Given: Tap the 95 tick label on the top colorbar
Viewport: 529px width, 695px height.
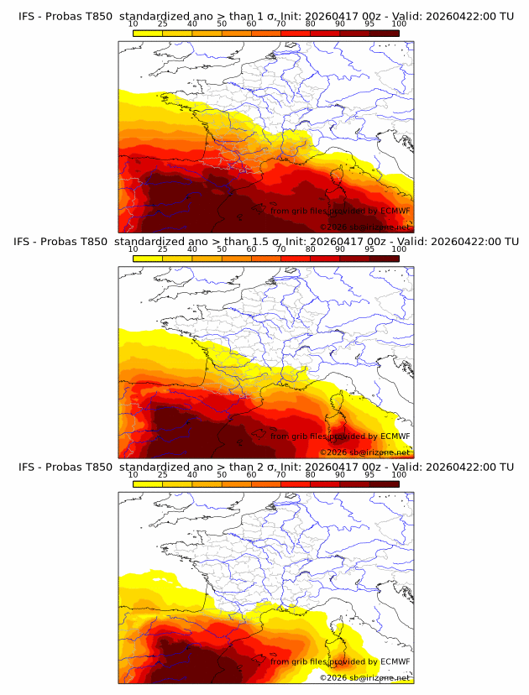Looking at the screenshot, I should [370, 24].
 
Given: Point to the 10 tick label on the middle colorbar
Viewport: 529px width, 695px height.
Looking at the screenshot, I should [133, 249].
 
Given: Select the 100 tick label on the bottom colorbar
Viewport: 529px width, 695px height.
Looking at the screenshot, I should [399, 474].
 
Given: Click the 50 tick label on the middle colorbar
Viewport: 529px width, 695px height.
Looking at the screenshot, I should [222, 249].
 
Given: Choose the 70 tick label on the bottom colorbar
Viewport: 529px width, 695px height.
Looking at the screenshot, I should [281, 474].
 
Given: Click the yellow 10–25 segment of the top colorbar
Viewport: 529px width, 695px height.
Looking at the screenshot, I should [148, 33].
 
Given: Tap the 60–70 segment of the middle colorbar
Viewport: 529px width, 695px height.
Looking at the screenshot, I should [266, 259].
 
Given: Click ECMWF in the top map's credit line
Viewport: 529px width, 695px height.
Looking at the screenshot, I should [395, 212].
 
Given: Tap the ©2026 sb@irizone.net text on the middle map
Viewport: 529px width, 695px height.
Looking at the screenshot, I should [364, 452].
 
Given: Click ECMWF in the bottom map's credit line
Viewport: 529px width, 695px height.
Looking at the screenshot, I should [395, 661].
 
